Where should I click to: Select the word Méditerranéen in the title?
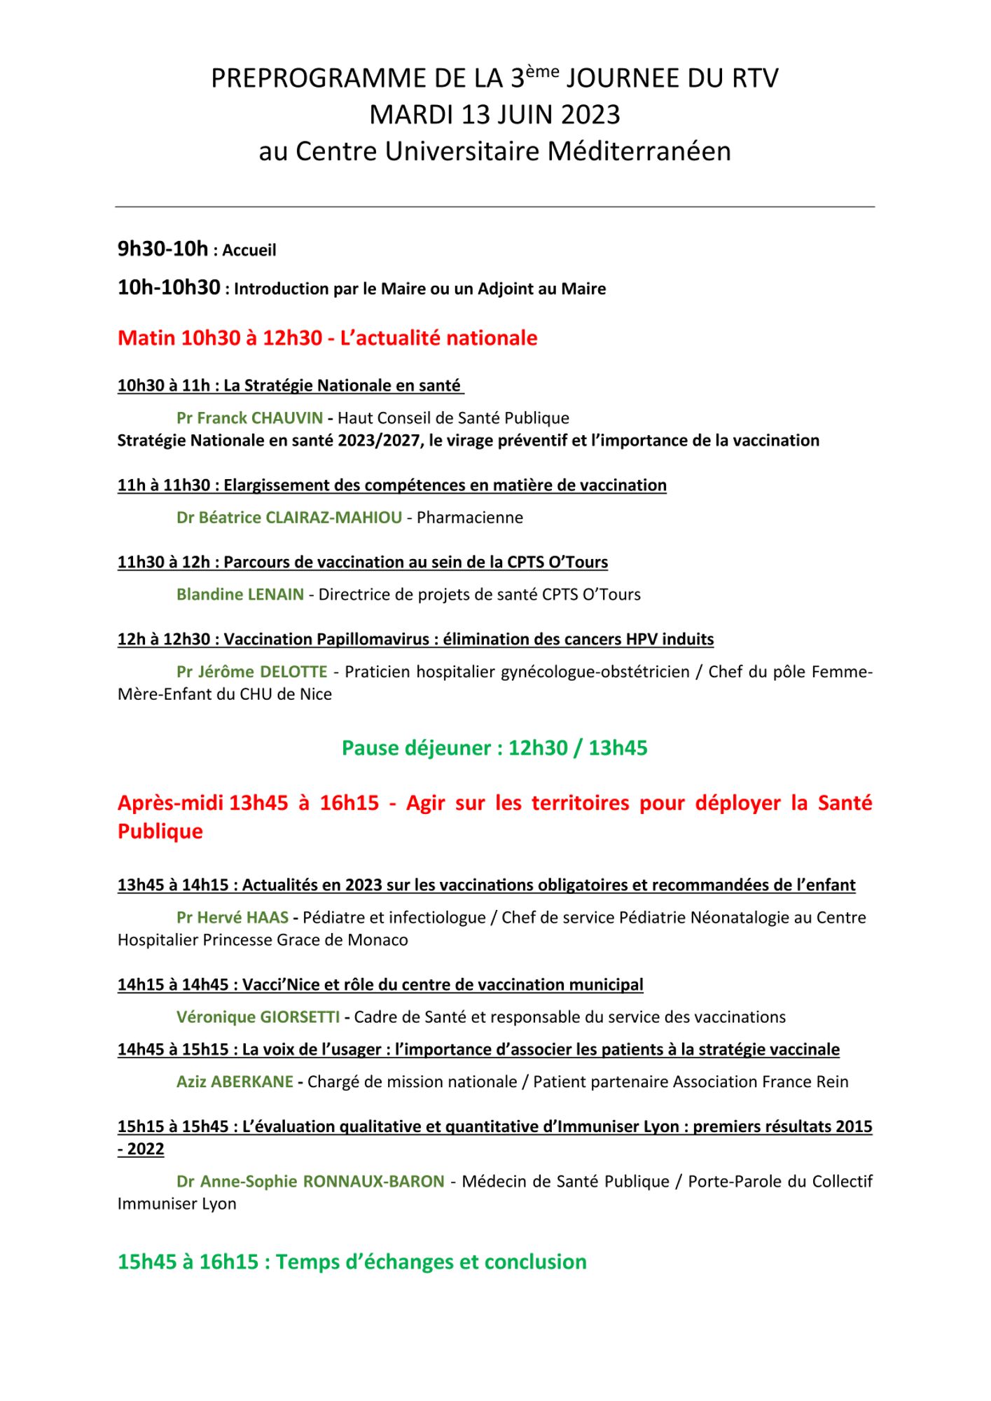(639, 151)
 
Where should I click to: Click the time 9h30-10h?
(162, 249)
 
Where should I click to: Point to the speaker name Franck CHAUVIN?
(260, 418)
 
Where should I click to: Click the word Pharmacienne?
(470, 518)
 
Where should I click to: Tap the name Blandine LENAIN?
(240, 595)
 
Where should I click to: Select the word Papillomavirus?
(370, 640)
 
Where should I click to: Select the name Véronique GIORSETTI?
(258, 1017)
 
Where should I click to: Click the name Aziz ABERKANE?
(235, 1082)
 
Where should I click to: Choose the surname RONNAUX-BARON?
(373, 1182)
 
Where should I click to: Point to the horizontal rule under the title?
(495, 207)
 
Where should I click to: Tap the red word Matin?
(146, 338)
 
